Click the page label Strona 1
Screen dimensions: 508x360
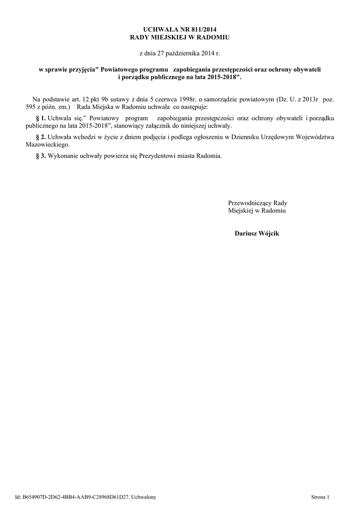(x=320, y=497)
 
